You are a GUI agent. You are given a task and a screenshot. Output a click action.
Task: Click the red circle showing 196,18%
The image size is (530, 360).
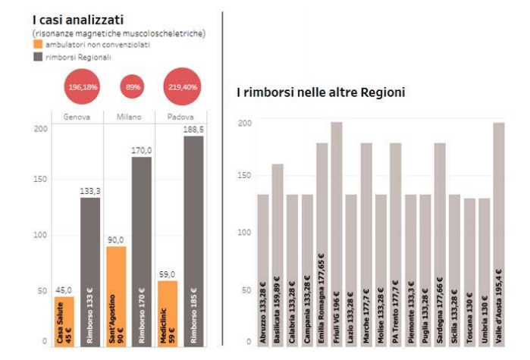point(83,87)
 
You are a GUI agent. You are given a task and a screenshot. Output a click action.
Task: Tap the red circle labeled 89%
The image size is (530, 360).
point(133,87)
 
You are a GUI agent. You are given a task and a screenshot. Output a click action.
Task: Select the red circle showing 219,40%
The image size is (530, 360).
point(183,87)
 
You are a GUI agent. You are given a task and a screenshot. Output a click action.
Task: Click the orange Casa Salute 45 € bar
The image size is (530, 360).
point(64,321)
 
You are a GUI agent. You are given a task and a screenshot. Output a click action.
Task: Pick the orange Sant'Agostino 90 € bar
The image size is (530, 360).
point(116,296)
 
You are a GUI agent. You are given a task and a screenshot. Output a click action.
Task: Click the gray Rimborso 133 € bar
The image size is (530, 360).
point(91,271)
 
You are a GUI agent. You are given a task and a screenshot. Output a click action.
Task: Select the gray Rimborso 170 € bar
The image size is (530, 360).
point(142,250)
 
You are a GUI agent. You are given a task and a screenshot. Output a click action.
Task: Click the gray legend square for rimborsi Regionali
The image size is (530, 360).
point(38,58)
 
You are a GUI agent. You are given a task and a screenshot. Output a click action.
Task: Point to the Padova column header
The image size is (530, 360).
point(179,117)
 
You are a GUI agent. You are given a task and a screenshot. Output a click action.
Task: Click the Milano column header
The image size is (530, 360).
point(128,117)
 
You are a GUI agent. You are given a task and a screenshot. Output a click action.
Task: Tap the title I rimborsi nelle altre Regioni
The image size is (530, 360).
point(320,92)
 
